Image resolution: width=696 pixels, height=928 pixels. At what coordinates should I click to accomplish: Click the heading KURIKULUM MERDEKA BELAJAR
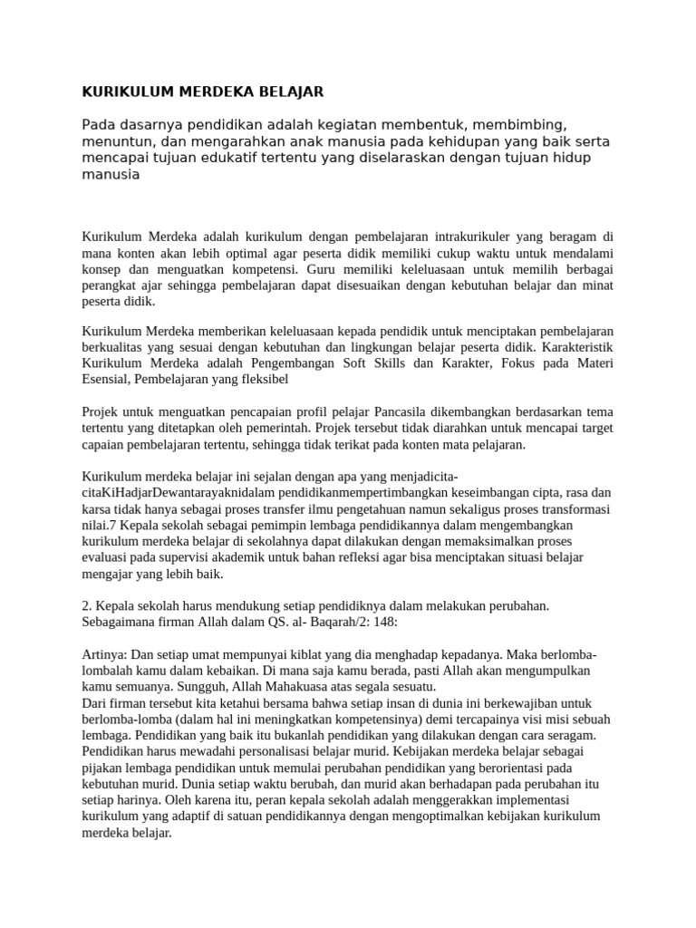tap(202, 92)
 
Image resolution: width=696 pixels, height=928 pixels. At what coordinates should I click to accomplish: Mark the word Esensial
tap(106, 380)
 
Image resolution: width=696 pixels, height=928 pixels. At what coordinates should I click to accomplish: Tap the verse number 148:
tap(384, 623)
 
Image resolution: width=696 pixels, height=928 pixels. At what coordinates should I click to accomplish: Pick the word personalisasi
tap(297, 751)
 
